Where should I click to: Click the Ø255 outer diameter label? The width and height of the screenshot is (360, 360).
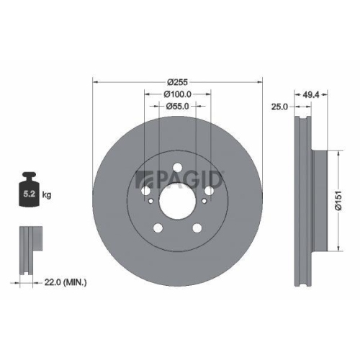(176, 82)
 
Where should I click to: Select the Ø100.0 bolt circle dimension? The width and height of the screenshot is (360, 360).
(176, 94)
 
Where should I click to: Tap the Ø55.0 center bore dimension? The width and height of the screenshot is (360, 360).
(176, 107)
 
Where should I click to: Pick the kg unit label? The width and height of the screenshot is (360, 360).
(48, 195)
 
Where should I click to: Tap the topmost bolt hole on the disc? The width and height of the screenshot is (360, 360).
(176, 168)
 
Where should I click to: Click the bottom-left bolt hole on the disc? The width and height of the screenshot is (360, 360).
(158, 228)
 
